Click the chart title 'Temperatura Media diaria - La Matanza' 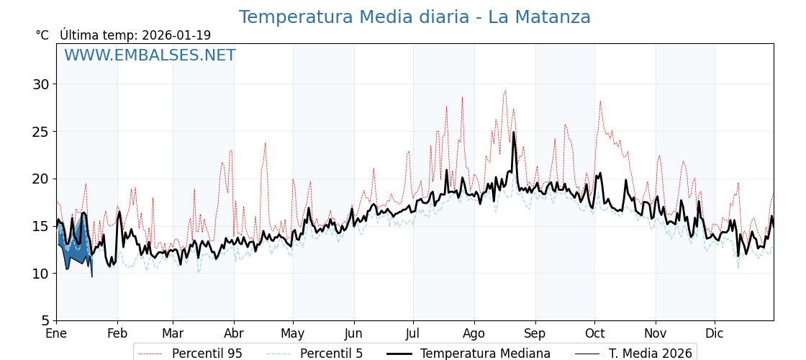415,17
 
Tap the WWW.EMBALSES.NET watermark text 150,55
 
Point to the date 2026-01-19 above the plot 176,35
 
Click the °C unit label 42,35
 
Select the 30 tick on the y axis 41,84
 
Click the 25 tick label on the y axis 41,132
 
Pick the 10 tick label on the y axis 41,274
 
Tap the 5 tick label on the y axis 45,320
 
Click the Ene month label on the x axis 56,333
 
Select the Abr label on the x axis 234,333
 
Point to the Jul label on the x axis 413,333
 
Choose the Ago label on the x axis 474,333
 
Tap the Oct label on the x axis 594,333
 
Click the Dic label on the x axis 715,333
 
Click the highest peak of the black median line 514,132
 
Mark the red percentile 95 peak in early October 600,102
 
